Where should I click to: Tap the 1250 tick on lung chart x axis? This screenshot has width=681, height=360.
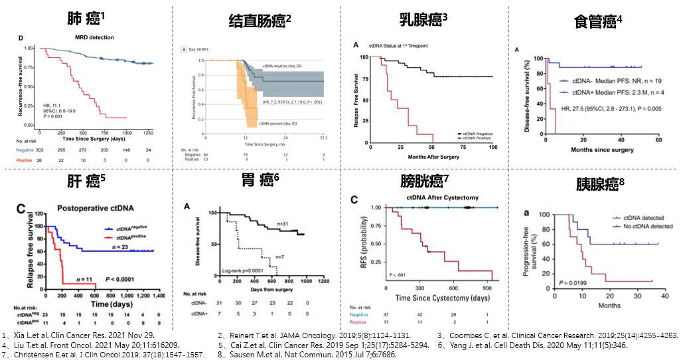pos(148,132)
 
